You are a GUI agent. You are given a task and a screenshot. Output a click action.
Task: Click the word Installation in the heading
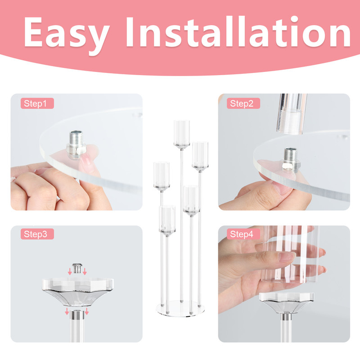coord(238,31)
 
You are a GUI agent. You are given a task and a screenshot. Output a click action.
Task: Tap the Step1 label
coord(37,103)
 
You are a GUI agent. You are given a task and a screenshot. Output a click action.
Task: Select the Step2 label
coord(243,103)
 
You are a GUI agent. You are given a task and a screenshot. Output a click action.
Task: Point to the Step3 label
coord(37,234)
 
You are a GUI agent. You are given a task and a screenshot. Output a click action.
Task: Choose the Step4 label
coord(243,234)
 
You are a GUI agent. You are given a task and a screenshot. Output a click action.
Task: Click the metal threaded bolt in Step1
coord(76,144)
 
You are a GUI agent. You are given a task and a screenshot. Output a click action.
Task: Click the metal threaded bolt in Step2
coord(291,160)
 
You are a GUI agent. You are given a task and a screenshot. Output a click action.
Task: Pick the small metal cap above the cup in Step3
coord(77,268)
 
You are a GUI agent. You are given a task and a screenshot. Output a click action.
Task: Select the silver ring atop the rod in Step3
coord(77,315)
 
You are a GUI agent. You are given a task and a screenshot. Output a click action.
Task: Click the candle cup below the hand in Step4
coord(287,302)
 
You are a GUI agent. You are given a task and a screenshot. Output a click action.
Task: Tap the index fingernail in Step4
coord(287,256)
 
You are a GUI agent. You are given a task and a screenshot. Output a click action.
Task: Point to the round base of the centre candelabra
coord(180,308)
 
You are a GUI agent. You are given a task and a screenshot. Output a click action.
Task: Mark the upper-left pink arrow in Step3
coord(70,271)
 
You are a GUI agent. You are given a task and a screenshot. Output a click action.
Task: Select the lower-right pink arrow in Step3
coord(87,311)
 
